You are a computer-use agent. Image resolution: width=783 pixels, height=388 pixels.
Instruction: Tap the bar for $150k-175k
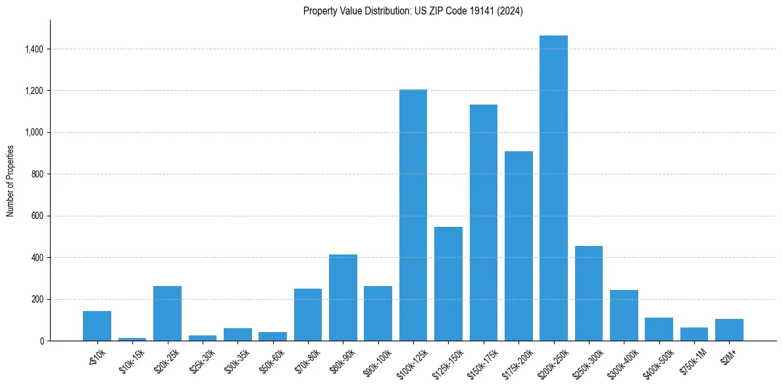(483, 223)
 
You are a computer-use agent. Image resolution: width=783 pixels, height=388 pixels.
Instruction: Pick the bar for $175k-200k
(518, 246)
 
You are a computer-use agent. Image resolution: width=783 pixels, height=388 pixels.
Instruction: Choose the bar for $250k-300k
(588, 293)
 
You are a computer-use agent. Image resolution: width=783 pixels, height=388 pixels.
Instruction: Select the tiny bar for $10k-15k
(132, 339)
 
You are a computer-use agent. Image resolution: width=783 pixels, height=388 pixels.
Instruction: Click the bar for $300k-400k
(624, 316)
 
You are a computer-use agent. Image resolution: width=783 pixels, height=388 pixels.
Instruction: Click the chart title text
(413, 11)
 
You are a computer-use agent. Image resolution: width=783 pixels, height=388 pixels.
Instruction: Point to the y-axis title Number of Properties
(11, 180)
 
